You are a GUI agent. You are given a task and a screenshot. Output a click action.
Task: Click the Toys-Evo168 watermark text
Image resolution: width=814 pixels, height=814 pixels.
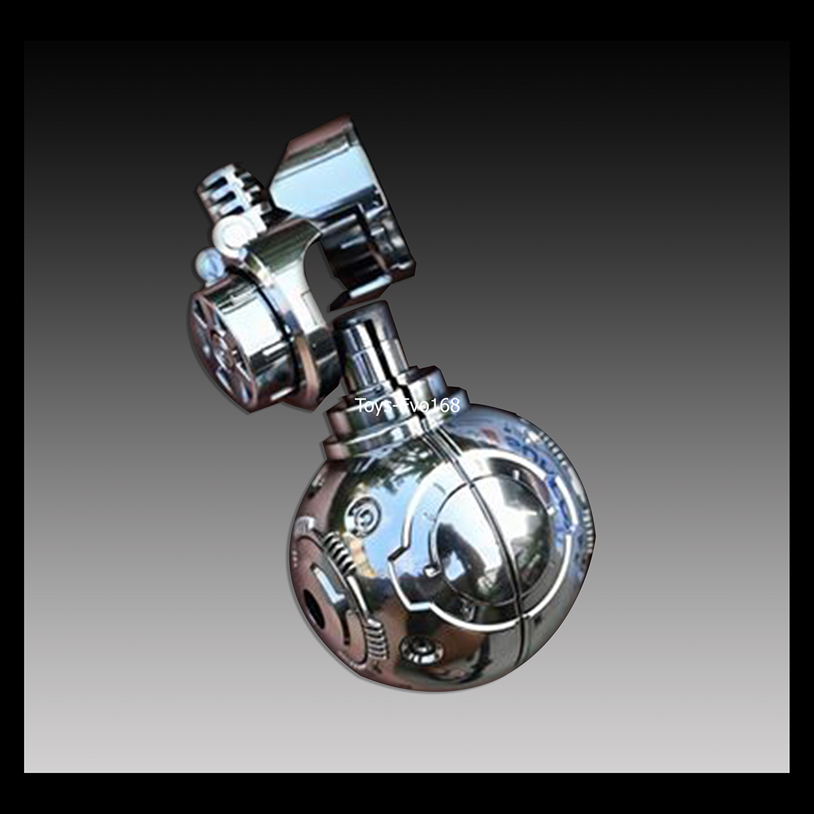point(408,405)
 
